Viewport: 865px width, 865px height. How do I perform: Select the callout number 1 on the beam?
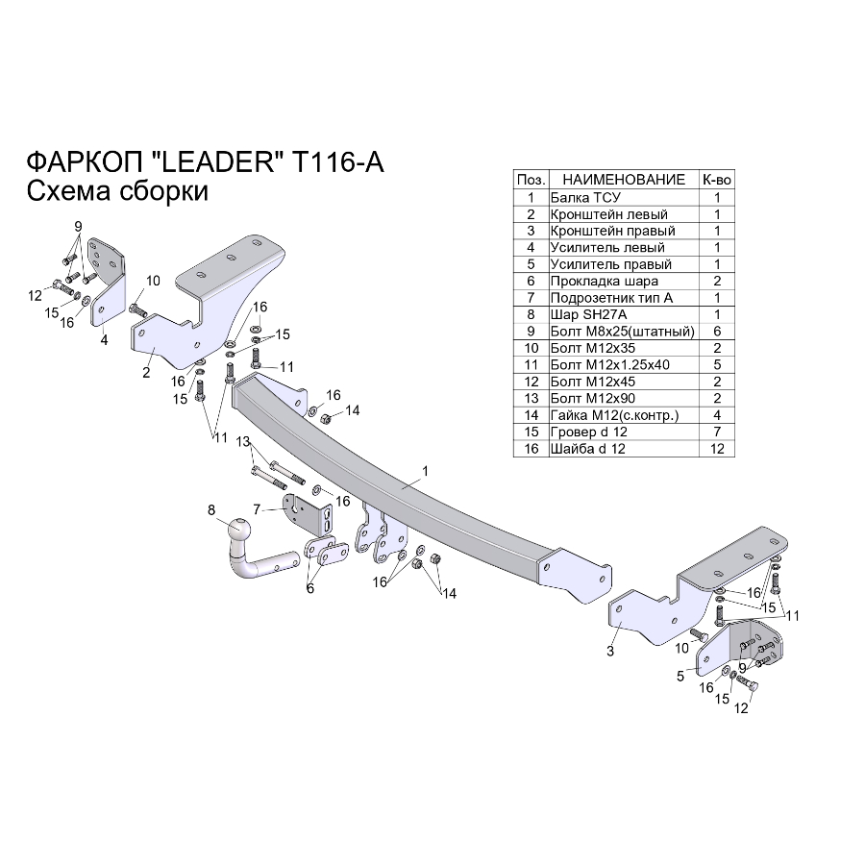click(x=425, y=471)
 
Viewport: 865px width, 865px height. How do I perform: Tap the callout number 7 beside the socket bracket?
click(x=257, y=509)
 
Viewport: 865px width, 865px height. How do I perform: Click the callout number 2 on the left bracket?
click(x=146, y=373)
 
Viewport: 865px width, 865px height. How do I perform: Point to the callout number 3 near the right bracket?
click(x=610, y=651)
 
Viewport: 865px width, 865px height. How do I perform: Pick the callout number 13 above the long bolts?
click(x=243, y=442)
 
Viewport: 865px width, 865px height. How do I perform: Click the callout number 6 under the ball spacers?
click(x=310, y=588)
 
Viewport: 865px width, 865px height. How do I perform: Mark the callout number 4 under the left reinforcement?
click(x=104, y=340)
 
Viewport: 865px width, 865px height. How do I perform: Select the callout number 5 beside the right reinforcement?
click(x=680, y=676)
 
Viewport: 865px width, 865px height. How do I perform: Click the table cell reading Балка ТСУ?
click(x=585, y=197)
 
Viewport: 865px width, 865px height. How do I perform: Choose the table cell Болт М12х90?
click(x=592, y=398)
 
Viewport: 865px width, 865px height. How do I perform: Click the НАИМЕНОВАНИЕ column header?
click(x=624, y=180)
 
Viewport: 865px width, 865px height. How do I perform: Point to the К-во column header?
click(x=717, y=180)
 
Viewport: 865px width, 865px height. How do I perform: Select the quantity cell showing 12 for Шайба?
click(x=717, y=449)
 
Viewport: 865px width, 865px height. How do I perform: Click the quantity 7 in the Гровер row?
click(x=717, y=432)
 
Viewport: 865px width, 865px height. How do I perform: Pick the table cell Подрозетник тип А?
click(x=611, y=298)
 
